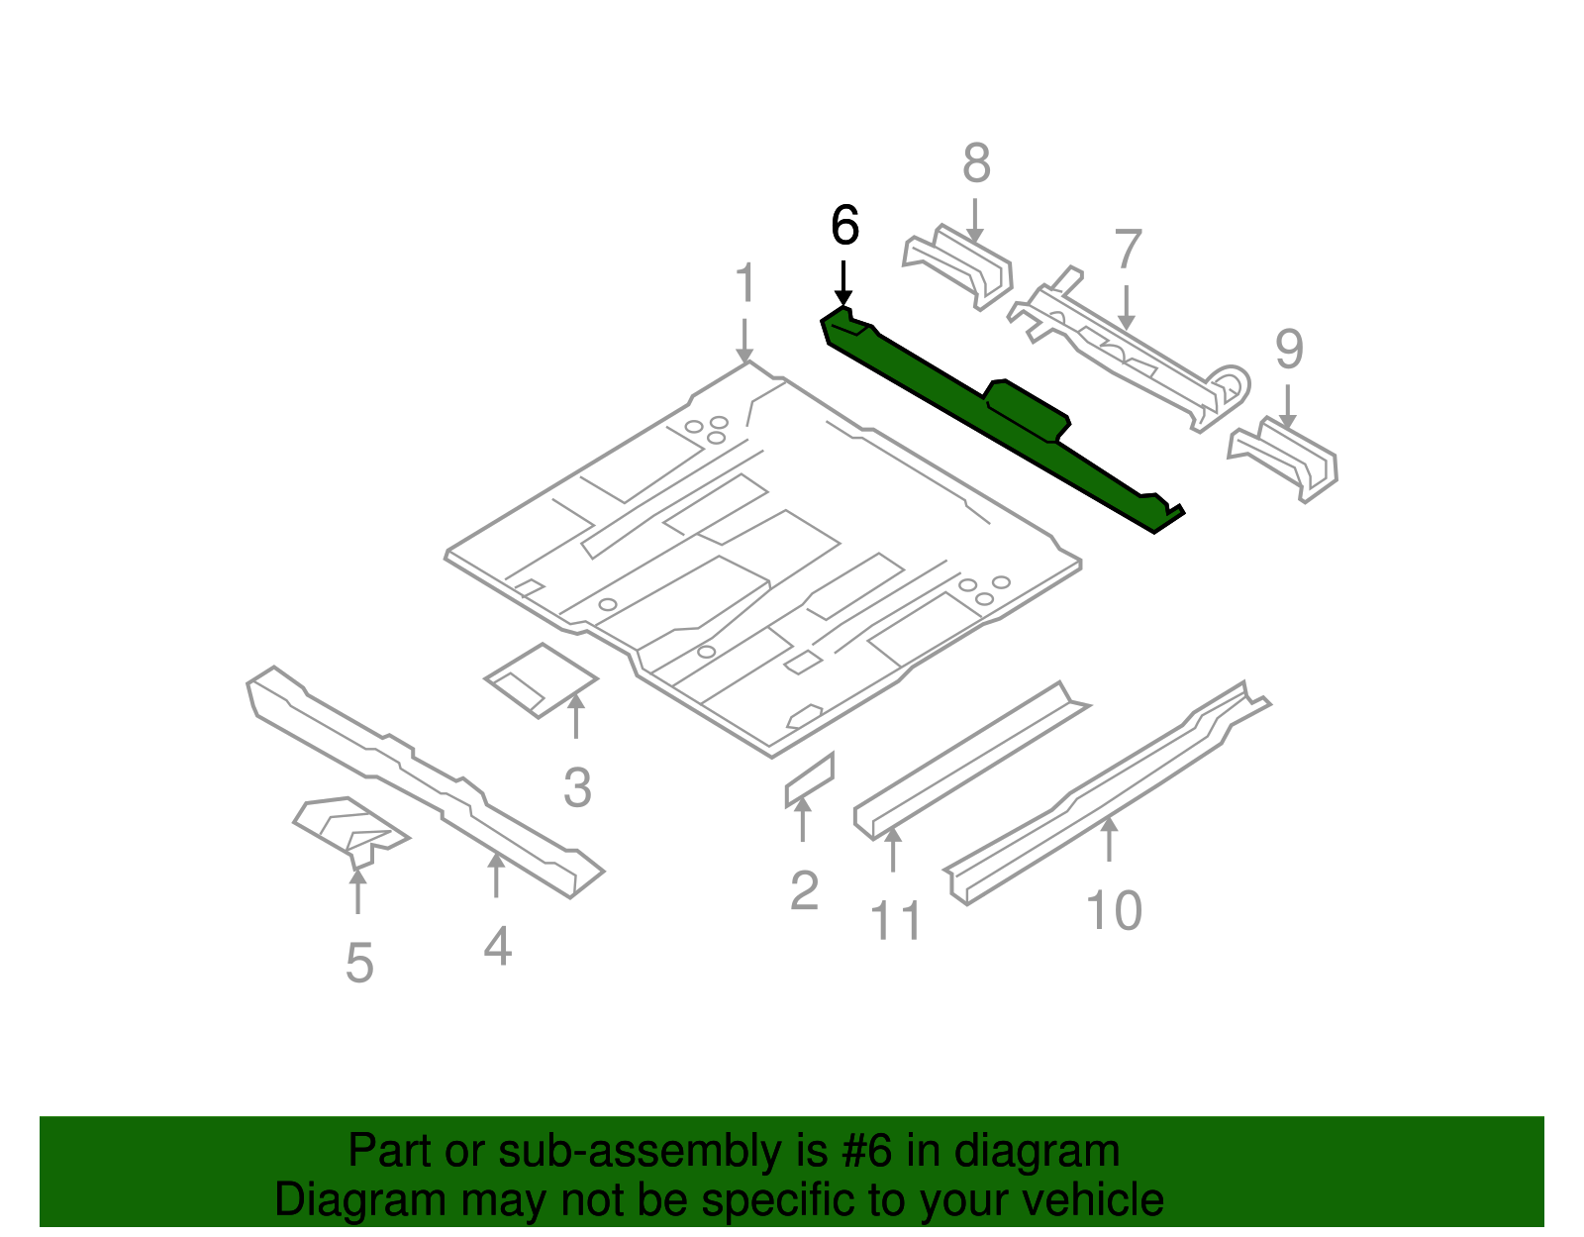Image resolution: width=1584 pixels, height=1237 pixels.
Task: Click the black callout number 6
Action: (844, 226)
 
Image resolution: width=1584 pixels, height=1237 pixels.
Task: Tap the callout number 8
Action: (976, 163)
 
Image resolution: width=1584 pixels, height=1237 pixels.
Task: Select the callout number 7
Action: (1128, 250)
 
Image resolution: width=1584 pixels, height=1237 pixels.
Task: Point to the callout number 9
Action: (1289, 349)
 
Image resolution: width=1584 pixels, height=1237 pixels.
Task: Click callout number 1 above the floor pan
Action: (745, 284)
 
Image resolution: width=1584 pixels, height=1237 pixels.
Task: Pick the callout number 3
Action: (577, 788)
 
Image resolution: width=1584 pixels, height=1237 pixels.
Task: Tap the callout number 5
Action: (359, 963)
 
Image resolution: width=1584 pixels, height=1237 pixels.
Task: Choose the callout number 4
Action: (498, 947)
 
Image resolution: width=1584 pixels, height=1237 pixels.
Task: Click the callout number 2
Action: (804, 891)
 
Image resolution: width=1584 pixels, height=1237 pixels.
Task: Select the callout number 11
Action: (896, 921)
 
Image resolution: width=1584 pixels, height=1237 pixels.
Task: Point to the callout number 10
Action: (1114, 911)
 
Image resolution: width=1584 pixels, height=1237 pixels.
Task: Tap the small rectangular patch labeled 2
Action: (809, 780)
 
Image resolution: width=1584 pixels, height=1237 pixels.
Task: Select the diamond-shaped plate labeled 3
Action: (541, 679)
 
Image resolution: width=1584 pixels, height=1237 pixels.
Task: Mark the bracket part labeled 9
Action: (1284, 458)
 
